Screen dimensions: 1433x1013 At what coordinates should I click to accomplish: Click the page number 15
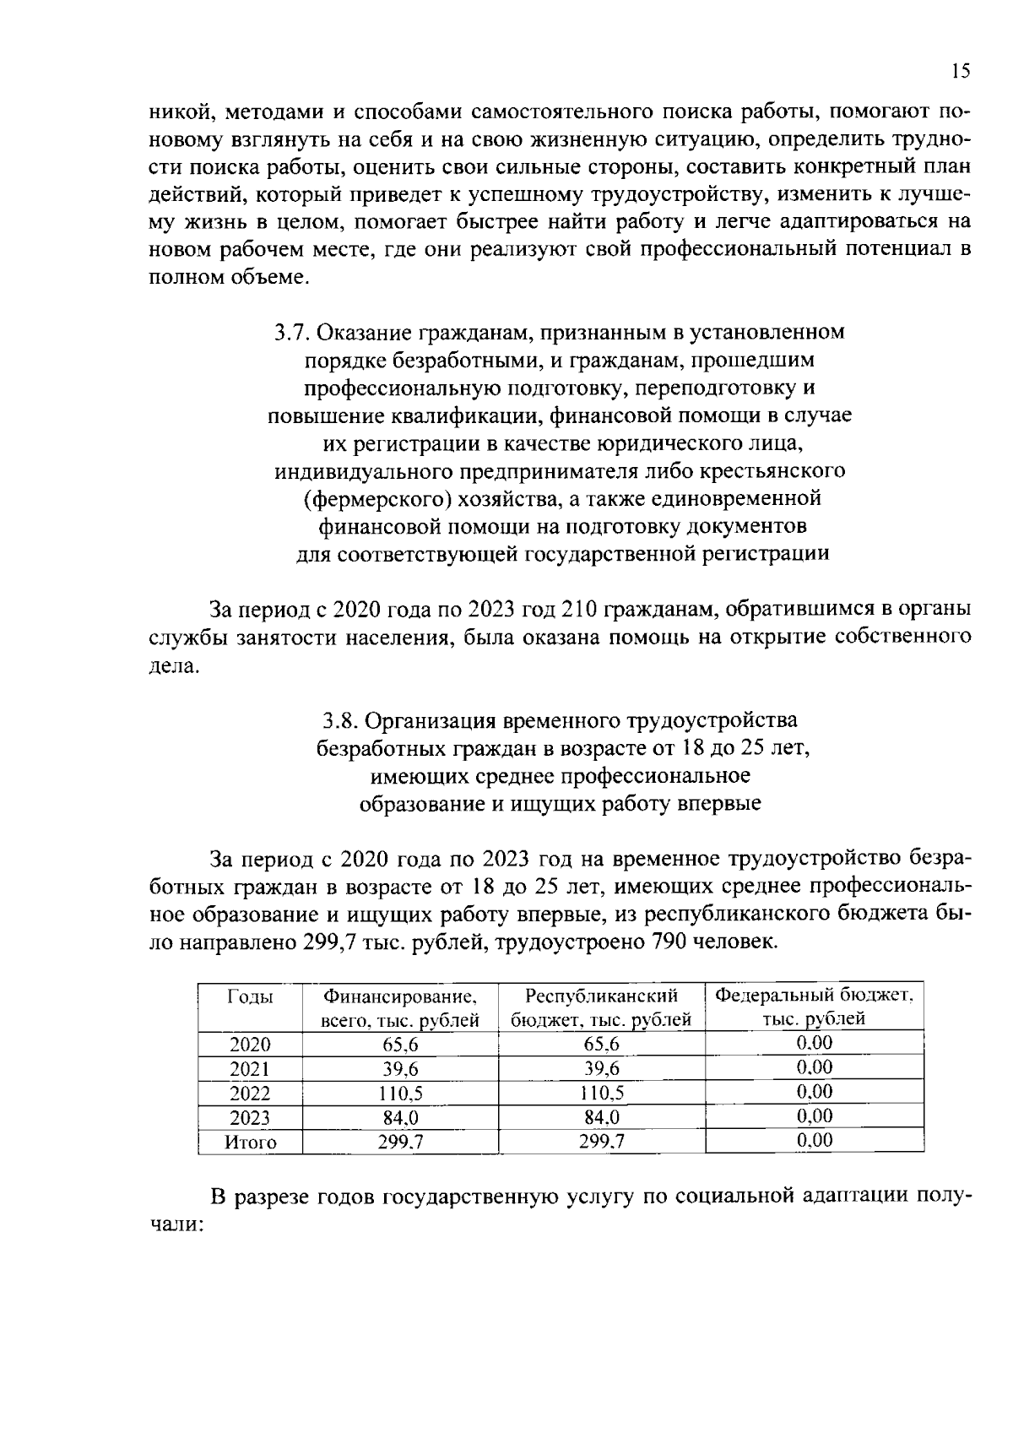point(961,71)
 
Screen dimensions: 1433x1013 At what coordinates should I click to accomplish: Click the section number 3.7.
point(291,333)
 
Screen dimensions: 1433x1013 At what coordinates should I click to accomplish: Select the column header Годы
point(250,996)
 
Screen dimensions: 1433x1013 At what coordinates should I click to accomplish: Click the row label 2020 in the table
point(250,1045)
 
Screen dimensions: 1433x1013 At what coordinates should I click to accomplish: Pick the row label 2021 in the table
point(250,1069)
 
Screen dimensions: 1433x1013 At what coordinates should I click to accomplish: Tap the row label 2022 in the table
point(250,1094)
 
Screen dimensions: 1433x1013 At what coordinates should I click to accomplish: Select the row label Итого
point(250,1143)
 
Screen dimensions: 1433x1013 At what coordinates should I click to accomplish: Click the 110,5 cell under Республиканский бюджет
point(601,1094)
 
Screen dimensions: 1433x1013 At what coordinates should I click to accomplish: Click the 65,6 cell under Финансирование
point(400,1045)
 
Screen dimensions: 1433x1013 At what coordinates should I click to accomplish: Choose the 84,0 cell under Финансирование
point(400,1118)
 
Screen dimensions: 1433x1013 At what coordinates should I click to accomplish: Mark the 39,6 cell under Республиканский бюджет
point(601,1069)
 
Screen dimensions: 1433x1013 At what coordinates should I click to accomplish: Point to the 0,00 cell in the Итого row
point(814,1141)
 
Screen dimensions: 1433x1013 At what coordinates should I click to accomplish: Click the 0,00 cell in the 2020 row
point(814,1043)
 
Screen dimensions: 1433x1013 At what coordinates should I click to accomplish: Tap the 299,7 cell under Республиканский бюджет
point(601,1143)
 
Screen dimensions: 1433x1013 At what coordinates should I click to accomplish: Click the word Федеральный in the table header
point(767,995)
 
